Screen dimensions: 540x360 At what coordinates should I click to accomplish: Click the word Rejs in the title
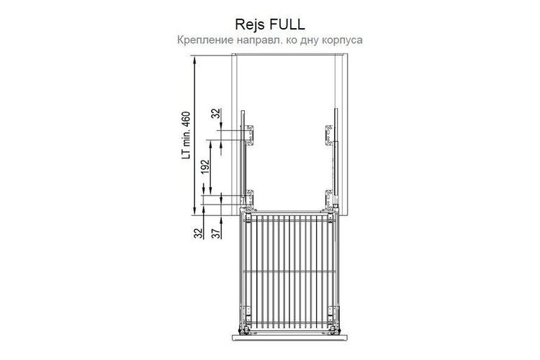pos(250,24)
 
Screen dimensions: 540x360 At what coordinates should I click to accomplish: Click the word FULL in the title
pos(287,24)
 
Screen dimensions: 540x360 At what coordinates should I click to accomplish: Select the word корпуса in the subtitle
pos(342,40)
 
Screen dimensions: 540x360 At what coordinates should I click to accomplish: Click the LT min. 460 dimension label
pos(186,135)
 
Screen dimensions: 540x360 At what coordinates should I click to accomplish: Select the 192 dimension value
pos(206,167)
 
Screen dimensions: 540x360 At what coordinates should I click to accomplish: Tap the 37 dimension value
pos(216,233)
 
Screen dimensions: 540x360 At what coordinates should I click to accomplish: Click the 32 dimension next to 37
pos(198,233)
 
